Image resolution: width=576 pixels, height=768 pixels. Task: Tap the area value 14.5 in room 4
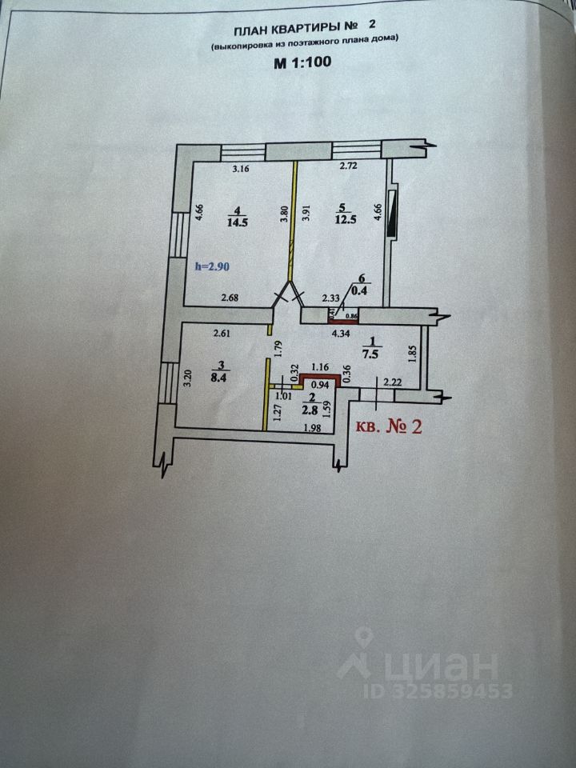(238, 222)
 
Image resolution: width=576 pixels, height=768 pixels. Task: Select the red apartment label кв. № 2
(388, 426)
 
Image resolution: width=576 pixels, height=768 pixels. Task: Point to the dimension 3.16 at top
(242, 169)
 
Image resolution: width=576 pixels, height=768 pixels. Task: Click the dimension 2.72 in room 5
(347, 166)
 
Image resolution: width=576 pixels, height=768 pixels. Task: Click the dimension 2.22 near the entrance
(393, 382)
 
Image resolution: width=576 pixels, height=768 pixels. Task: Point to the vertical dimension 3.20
(187, 377)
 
